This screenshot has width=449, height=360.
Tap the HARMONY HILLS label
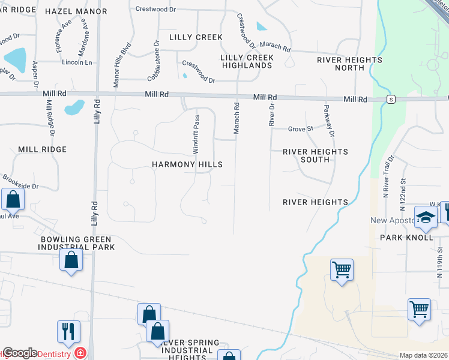click(187, 164)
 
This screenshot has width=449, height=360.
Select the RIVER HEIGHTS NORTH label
click(350, 64)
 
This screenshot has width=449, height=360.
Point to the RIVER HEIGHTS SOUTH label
click(315, 155)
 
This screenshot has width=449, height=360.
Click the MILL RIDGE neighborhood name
click(41, 149)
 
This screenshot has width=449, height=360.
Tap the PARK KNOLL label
click(406, 238)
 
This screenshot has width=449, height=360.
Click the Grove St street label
click(301, 129)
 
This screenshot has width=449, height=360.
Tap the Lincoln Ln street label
click(76, 62)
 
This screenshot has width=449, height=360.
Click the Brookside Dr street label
click(20, 182)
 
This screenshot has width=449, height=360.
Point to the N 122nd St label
click(403, 185)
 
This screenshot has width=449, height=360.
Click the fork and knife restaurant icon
click(69, 332)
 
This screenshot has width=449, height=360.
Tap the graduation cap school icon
click(426, 217)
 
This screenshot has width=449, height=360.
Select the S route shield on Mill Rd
click(391, 100)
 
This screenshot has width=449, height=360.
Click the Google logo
click(20, 353)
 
